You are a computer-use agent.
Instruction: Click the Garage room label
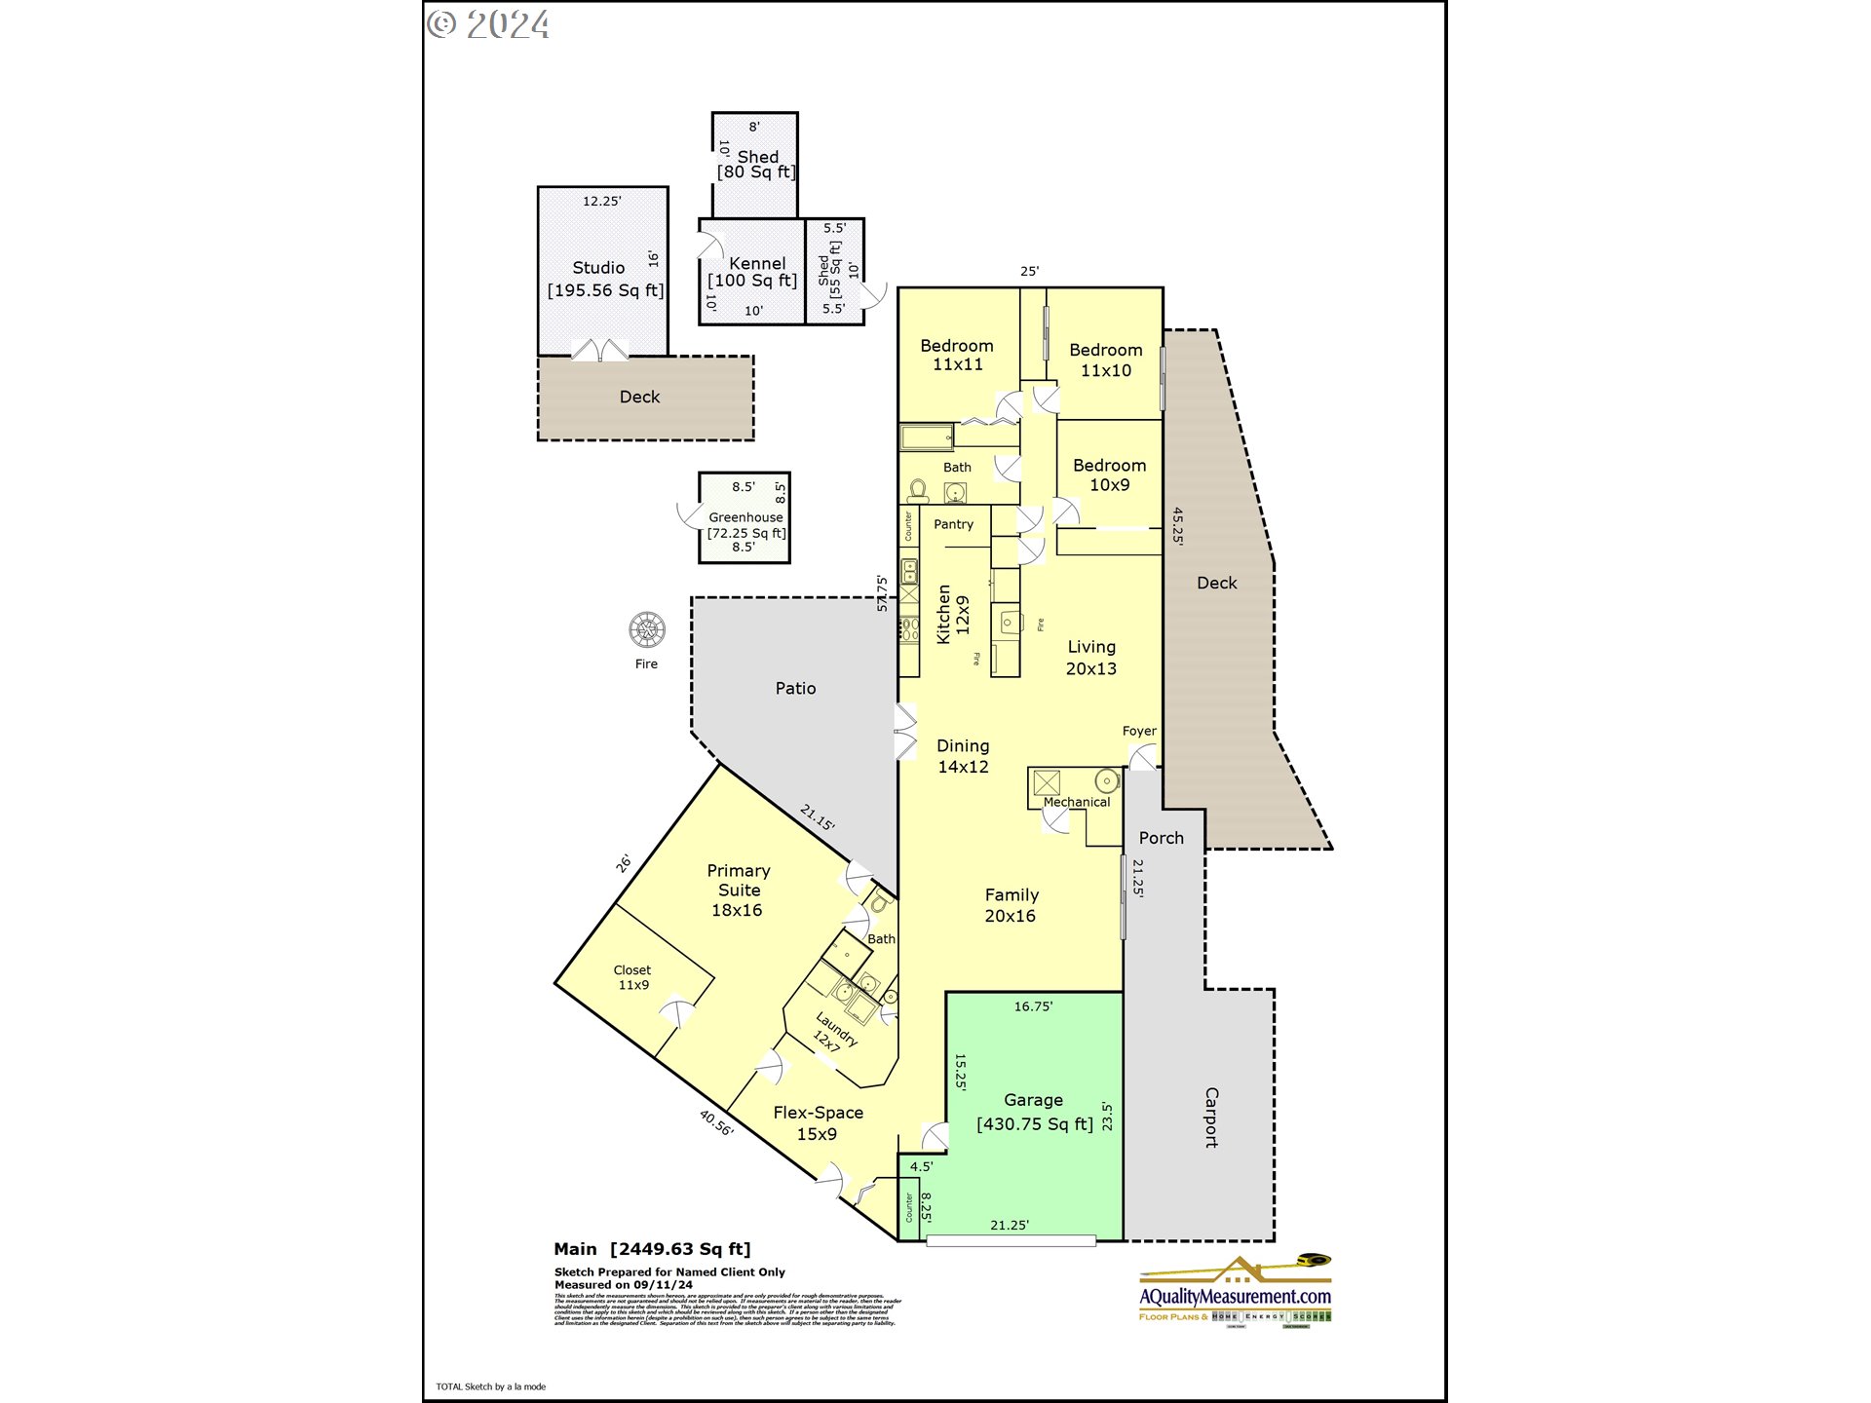point(1033,1100)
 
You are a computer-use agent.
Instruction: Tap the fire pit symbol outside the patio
point(647,630)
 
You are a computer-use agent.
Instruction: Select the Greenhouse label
point(745,517)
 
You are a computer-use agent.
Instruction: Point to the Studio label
point(598,268)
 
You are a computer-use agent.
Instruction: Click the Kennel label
point(756,264)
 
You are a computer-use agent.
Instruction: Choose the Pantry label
point(953,524)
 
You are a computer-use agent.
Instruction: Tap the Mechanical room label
point(1076,802)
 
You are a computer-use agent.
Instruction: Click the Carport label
point(1211,1118)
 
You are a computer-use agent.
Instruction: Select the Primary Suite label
point(738,880)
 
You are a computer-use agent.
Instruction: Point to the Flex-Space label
point(818,1113)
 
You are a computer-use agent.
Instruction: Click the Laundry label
point(836,1029)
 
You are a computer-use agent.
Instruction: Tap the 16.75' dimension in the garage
point(1033,1006)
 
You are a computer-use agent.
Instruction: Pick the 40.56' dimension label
point(716,1122)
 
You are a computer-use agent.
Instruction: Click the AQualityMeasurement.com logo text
point(1235,1297)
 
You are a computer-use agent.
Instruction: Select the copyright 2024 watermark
point(488,24)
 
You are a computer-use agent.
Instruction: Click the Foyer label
point(1138,731)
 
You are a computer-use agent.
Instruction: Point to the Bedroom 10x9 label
point(1109,474)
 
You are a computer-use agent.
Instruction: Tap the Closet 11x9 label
point(632,977)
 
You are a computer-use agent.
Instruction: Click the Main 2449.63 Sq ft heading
point(652,1249)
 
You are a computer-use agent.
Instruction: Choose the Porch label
point(1161,838)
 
